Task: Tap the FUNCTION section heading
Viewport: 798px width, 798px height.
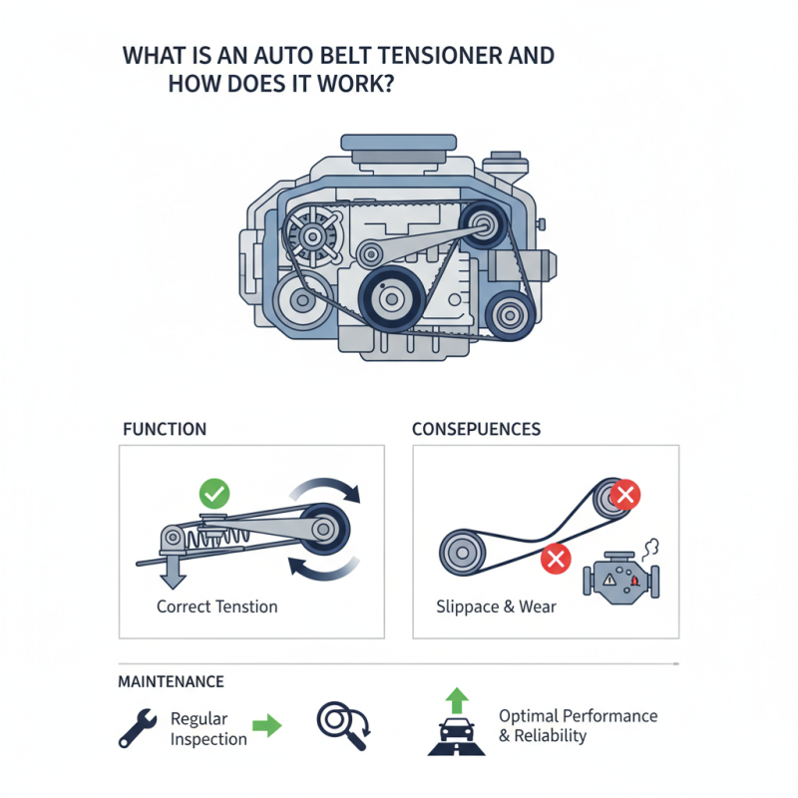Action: (164, 429)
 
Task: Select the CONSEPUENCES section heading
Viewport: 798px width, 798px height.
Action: (477, 429)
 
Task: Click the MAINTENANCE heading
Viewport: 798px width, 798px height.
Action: (171, 682)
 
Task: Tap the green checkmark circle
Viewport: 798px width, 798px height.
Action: (214, 492)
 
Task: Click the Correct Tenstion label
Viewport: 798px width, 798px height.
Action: (217, 605)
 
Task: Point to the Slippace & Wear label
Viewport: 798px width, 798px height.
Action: (496, 606)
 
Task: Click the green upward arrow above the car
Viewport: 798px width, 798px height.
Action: (458, 699)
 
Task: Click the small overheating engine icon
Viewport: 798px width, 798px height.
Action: (621, 575)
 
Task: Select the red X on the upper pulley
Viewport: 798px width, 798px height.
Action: (624, 494)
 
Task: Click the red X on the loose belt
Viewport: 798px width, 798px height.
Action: (555, 560)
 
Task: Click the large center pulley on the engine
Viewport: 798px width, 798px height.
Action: (391, 296)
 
